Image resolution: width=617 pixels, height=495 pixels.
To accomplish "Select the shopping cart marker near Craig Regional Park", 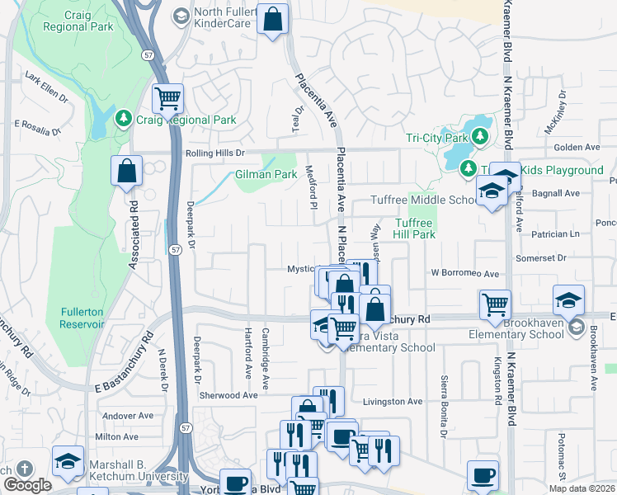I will [167, 99].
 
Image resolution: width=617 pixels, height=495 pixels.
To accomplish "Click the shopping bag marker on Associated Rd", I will [127, 172].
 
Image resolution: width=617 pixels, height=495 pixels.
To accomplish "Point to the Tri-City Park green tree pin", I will [478, 136].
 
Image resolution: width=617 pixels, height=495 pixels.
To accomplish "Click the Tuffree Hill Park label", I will [413, 229].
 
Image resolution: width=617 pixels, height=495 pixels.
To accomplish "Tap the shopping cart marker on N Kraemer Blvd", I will [495, 304].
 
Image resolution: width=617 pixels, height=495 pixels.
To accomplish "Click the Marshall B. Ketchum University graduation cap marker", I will [68, 460].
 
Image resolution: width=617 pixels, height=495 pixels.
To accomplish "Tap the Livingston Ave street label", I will [393, 402].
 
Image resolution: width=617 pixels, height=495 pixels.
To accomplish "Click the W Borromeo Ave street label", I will [464, 273].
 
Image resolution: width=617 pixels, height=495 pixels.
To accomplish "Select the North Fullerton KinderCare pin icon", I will [181, 15].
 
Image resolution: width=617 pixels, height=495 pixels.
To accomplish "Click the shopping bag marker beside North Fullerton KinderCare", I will [272, 19].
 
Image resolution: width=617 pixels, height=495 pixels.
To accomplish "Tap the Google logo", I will [27, 485].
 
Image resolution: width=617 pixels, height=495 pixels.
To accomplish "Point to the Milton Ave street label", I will [117, 436].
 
